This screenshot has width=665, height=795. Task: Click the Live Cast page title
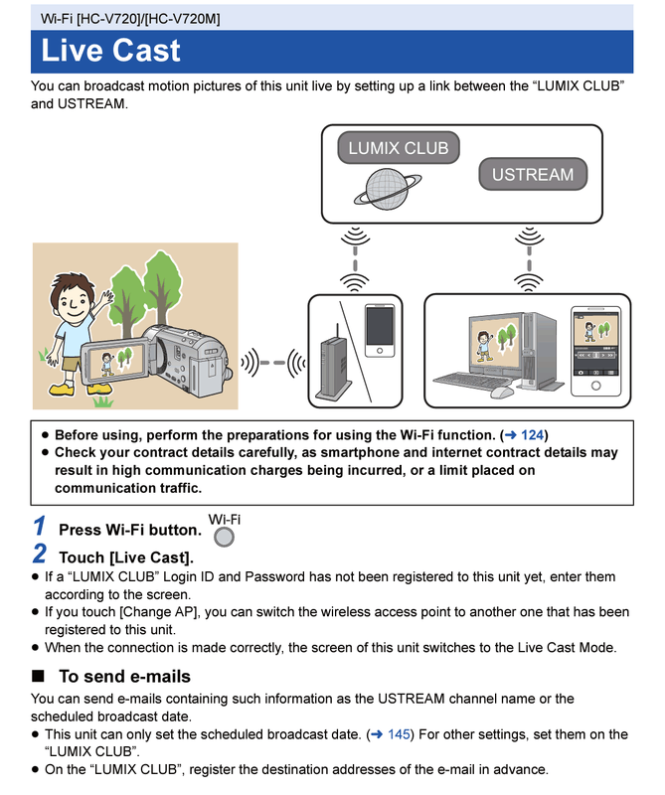[111, 51]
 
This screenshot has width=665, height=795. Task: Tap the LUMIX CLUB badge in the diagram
[398, 149]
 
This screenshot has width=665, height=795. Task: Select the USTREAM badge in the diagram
[532, 174]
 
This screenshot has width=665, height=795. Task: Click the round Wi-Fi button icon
[226, 537]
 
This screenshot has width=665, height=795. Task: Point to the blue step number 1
[39, 527]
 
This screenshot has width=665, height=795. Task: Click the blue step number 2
[40, 555]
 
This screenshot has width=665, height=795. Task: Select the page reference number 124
[534, 434]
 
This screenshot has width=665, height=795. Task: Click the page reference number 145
[400, 734]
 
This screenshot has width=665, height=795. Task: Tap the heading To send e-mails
[124, 677]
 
